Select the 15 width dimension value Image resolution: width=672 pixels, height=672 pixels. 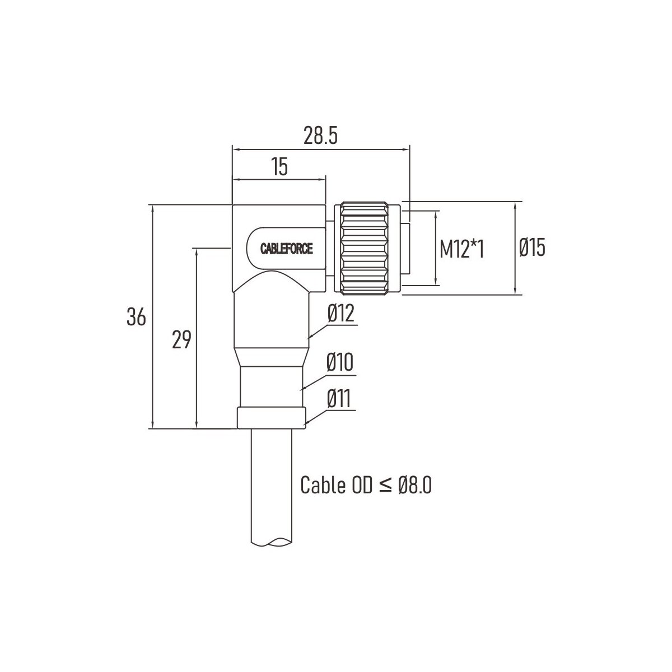click(x=280, y=167)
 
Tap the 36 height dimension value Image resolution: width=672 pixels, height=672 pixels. click(x=136, y=317)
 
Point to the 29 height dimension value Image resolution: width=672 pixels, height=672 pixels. click(x=181, y=340)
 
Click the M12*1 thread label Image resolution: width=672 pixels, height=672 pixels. click(x=461, y=249)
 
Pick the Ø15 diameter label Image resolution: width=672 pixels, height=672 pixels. click(x=532, y=248)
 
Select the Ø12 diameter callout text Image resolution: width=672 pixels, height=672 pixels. click(x=340, y=313)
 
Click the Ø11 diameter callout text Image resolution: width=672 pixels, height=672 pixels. click(x=339, y=399)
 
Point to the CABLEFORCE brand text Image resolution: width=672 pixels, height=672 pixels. click(x=287, y=249)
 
